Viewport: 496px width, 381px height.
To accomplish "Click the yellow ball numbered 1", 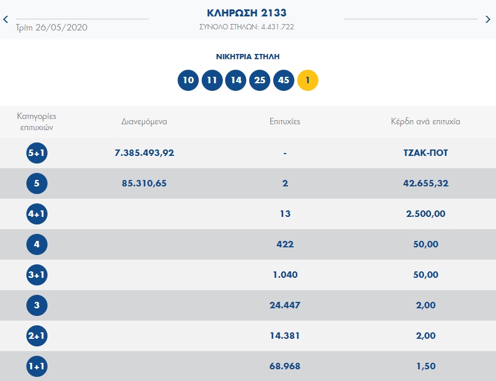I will [308, 80].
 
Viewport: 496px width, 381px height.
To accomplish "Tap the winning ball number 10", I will [188, 80].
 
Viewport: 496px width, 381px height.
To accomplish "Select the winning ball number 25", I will [260, 80].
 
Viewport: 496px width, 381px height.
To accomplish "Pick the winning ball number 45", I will [284, 80].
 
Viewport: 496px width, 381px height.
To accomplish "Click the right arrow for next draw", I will [488, 19].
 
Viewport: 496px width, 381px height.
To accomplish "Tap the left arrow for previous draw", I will [6, 19].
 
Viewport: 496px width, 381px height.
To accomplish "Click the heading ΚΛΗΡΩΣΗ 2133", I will [247, 13].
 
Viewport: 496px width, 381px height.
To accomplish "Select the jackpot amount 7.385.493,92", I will [145, 153].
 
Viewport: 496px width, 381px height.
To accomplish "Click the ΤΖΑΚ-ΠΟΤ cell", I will [426, 153].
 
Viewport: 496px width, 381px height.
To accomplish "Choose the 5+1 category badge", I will [37, 153].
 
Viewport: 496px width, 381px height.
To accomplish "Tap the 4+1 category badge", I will [37, 214].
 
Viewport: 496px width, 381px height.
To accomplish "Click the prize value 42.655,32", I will [426, 183].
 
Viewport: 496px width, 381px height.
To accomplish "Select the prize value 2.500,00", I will [426, 214].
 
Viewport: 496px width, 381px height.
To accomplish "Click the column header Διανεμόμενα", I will [144, 122].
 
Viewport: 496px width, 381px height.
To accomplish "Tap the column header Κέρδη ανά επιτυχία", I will [426, 122].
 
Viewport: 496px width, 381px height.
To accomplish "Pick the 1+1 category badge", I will [37, 366].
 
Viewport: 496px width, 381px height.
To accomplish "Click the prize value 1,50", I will [426, 366].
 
